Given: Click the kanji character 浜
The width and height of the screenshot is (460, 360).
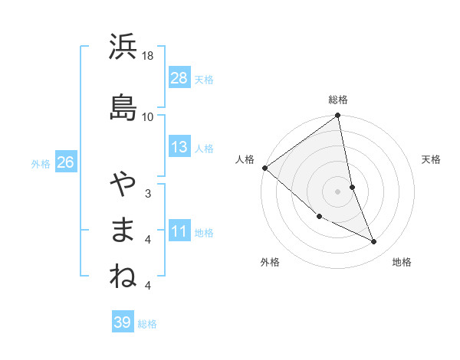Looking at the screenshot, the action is pos(123,47).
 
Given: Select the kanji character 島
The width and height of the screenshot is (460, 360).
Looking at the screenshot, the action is pos(123,106).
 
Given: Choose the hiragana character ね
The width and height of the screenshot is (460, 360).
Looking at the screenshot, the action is pos(123,277).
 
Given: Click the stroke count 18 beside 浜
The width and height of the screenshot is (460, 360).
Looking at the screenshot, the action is pos(148,56).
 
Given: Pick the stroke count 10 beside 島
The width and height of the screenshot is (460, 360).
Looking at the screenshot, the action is pos(148,116).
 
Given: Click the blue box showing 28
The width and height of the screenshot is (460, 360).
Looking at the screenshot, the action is pos(179,77).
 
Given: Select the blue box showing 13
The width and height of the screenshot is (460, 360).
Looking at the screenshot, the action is pos(179,147).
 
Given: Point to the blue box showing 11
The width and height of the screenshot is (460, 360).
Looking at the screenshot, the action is pos(179,231).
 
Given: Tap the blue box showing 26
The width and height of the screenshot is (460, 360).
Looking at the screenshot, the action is pos(65,162).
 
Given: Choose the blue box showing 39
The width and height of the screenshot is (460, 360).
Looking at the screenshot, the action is pos(123,322).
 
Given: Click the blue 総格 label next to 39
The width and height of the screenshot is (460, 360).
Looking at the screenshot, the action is pos(148,324).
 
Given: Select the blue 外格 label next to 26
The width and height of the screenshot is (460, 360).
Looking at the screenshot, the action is pos(41,163).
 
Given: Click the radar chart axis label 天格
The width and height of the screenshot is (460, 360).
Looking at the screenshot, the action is pos(431,159).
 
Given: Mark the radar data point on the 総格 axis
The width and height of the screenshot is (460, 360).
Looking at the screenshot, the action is pos(338,116).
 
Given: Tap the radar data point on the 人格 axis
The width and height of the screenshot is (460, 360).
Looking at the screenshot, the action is pos(264,168).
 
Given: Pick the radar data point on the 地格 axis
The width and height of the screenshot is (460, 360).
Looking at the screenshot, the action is pos(374,241).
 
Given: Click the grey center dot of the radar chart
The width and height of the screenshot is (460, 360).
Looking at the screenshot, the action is pos(338,191).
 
